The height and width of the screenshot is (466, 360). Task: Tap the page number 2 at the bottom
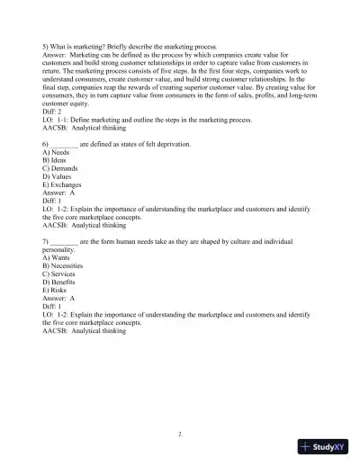[180, 433]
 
